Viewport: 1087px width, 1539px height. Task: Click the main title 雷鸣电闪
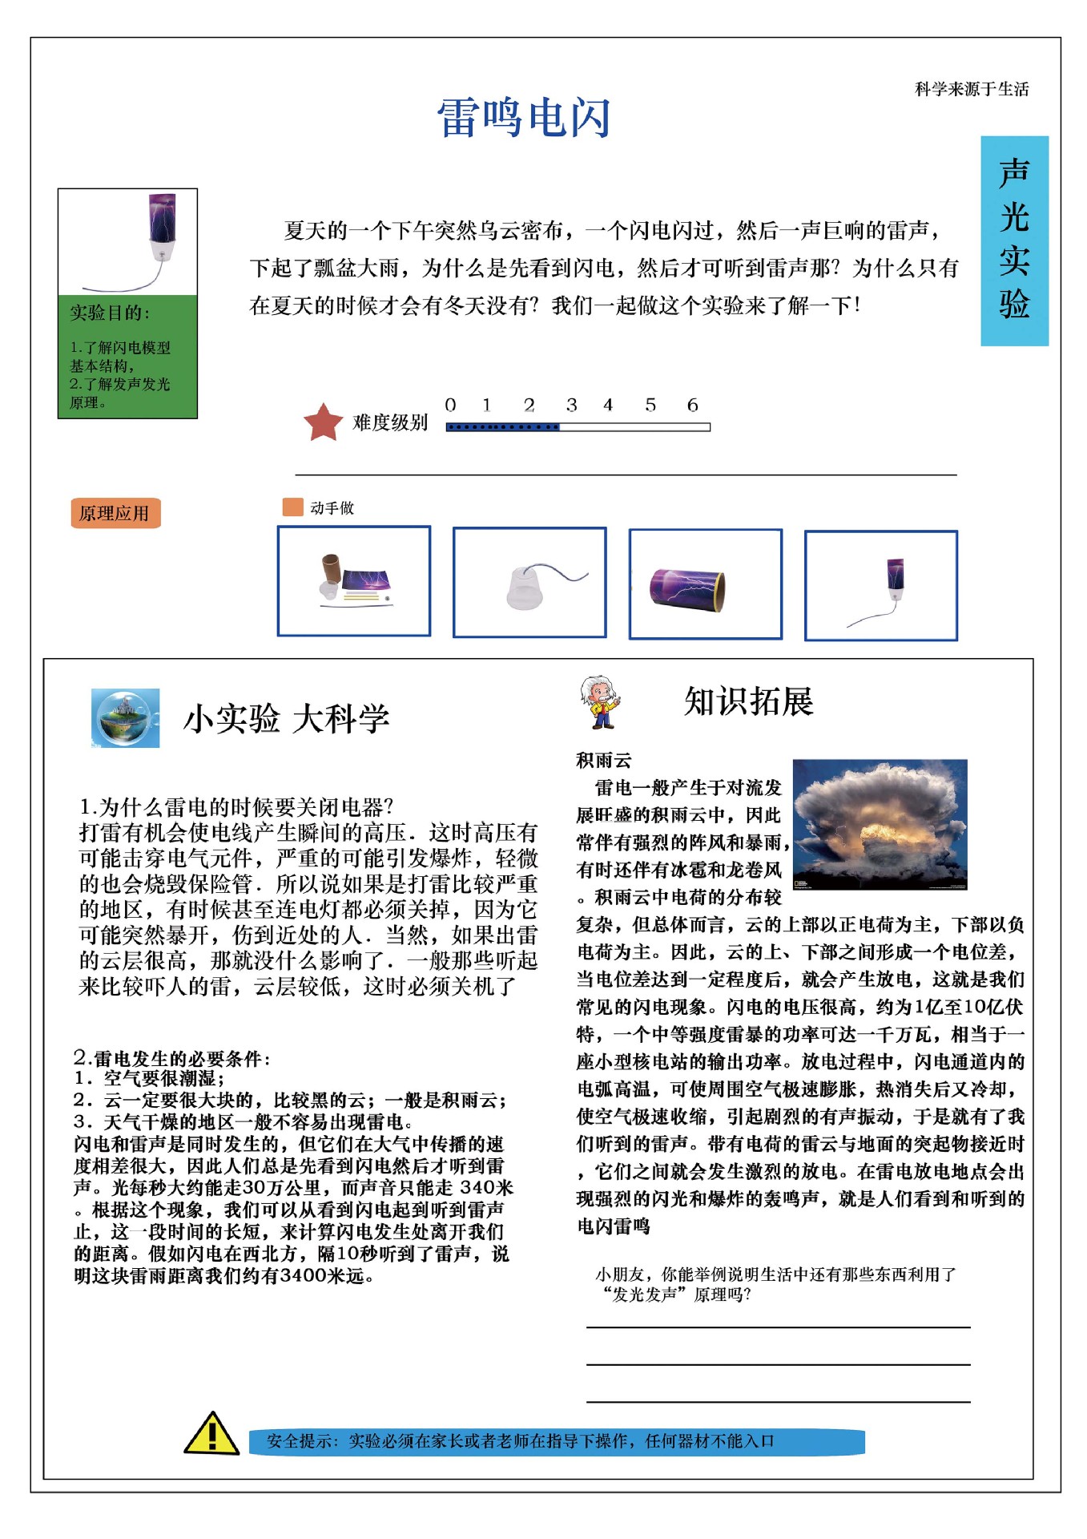524,118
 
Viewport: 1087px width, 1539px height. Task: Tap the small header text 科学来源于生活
971,89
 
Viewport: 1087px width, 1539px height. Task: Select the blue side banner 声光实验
1014,240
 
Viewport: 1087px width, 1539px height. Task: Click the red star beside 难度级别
323,422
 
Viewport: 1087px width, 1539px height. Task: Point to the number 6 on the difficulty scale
692,406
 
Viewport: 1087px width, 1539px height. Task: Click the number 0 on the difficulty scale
450,406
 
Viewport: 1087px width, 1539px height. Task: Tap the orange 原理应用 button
115,513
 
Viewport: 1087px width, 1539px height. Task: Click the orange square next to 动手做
292,507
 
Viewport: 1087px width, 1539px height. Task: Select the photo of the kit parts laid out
354,581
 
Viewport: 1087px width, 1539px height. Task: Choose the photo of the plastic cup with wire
529,583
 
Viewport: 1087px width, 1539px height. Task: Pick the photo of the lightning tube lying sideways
705,584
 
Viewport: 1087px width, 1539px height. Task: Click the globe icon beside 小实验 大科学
125,717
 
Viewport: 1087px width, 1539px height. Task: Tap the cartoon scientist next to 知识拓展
600,702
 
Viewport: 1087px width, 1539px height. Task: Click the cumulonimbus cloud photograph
880,824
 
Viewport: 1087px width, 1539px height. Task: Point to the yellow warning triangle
211,1434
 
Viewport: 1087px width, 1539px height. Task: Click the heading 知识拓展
748,701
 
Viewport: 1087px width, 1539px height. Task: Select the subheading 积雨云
603,759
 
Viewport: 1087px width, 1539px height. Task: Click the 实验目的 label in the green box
109,313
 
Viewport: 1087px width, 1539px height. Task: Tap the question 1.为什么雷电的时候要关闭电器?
236,806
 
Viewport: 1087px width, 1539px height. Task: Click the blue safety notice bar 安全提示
556,1441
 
